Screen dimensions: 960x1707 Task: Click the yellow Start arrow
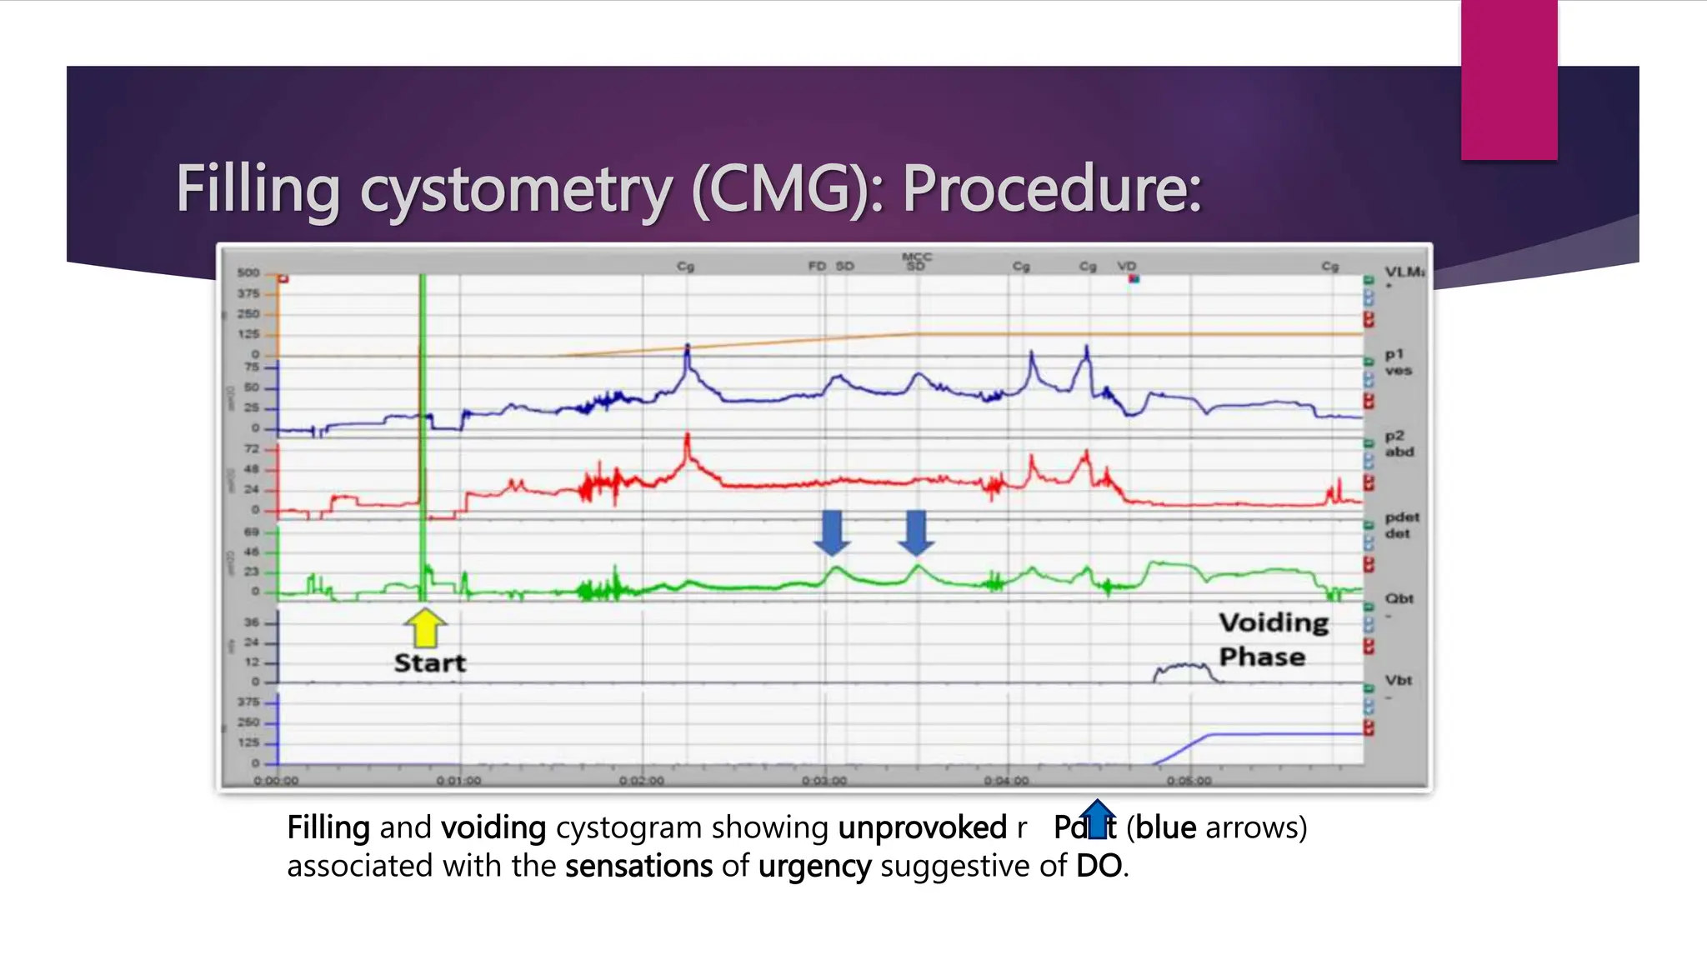[x=425, y=627]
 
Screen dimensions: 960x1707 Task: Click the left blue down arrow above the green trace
[x=832, y=532]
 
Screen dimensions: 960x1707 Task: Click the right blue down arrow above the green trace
[x=916, y=532]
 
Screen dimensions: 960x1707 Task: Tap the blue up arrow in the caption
[x=1097, y=818]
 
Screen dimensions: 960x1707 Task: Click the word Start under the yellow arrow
[x=429, y=662]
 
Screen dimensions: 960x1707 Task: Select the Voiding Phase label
[x=1273, y=639]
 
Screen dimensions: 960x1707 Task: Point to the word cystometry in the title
[x=516, y=191]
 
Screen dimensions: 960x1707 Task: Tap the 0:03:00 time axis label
[x=824, y=781]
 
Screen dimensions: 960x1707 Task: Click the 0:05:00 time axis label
[x=1189, y=781]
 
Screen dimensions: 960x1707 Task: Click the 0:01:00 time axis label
[x=458, y=781]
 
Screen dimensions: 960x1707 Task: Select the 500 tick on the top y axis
[x=248, y=272]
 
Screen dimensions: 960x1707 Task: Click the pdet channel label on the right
[x=1402, y=518]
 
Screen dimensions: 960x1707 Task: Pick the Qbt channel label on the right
[x=1399, y=598]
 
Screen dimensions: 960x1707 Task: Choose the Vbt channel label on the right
[x=1399, y=680]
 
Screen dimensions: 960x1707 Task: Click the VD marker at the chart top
[x=1127, y=266]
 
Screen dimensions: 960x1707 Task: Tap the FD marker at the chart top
[x=817, y=266]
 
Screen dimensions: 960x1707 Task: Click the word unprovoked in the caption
[x=922, y=827]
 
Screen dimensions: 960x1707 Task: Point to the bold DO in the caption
[x=1099, y=866]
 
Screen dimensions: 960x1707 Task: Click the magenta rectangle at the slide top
[x=1509, y=79]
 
